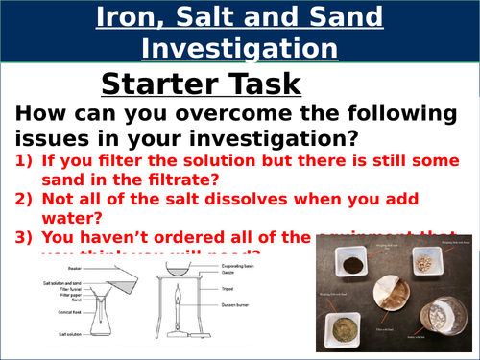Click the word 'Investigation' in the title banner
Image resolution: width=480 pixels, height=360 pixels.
(x=239, y=48)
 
